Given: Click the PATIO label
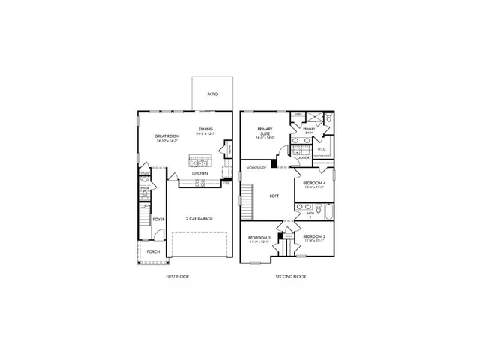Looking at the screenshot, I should click(x=214, y=95).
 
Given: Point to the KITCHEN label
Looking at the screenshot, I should click(x=199, y=174).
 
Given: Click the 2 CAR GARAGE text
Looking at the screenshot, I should click(x=199, y=219).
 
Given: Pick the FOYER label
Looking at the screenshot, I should click(x=158, y=220).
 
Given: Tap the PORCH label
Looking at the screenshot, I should click(x=153, y=251).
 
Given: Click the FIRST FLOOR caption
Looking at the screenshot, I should click(x=177, y=276).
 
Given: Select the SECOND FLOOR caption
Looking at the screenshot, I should click(x=291, y=276).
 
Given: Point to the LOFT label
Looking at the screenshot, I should click(x=274, y=196).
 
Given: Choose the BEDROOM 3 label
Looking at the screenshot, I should click(x=258, y=239).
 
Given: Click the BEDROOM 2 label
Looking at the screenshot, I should click(x=313, y=238).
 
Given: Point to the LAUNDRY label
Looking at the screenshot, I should click(x=304, y=159).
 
